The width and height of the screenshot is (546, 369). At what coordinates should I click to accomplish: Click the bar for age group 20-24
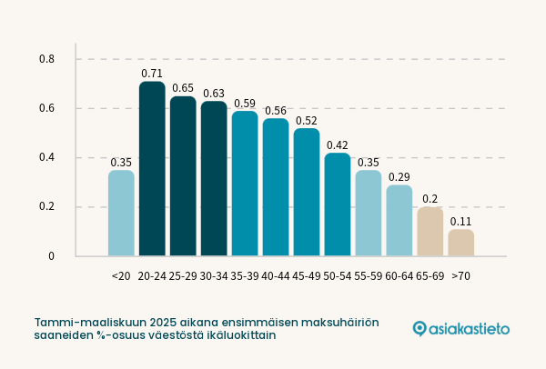[152, 169]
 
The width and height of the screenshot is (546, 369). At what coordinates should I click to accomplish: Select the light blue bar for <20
[121, 214]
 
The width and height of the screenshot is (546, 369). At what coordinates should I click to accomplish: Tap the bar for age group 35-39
[245, 184]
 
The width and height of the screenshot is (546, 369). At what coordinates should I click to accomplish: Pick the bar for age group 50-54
[338, 204]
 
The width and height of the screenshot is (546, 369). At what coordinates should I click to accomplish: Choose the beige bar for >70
[461, 243]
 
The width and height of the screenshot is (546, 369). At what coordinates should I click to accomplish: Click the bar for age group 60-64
[399, 221]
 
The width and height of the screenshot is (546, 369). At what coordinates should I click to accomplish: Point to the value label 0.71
[152, 73]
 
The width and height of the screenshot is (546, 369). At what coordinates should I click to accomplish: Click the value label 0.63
[214, 93]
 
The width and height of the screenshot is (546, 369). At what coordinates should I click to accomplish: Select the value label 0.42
[338, 145]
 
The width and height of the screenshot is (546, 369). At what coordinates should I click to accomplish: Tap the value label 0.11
[461, 221]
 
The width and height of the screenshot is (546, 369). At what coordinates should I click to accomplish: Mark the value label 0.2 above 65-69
[430, 199]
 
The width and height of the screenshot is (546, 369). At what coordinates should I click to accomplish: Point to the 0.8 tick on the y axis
[47, 60]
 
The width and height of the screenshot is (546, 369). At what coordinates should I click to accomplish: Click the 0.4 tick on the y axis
[47, 158]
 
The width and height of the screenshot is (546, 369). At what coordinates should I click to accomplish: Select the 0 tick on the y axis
[51, 256]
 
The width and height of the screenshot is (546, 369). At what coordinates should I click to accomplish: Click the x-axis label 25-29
[183, 275]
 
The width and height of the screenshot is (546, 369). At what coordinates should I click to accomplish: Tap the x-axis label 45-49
[307, 275]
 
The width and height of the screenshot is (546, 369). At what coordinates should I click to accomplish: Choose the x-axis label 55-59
[369, 275]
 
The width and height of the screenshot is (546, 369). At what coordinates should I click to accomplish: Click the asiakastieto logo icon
[420, 328]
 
